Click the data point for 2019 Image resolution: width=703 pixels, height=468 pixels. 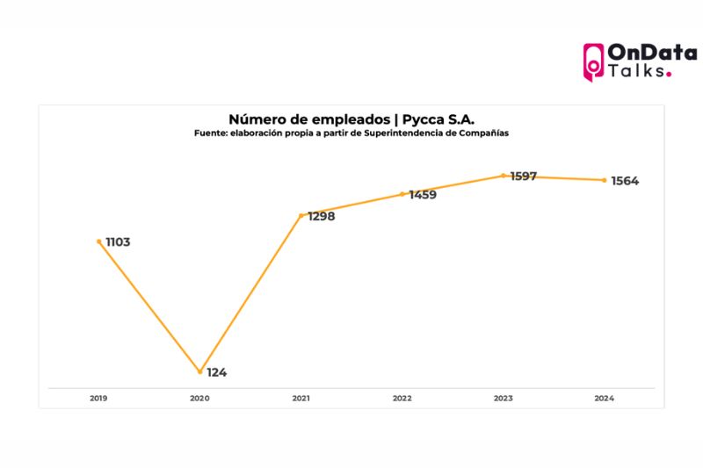tap(98, 241)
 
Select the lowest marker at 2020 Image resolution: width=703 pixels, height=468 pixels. tap(199, 371)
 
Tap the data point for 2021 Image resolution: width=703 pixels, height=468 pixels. tap(301, 215)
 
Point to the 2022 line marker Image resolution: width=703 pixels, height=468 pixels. tap(402, 194)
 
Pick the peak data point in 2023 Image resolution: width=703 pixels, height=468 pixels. tap(504, 176)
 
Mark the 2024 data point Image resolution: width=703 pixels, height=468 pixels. tap(605, 180)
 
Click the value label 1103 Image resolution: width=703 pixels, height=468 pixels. tap(118, 241)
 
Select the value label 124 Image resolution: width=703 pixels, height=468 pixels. tap(217, 372)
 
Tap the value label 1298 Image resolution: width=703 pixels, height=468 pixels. tap(321, 216)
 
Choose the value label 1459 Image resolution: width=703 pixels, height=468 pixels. tap(423, 195)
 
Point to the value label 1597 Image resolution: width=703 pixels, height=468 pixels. tap(524, 176)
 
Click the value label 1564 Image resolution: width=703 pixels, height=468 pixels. tap(625, 181)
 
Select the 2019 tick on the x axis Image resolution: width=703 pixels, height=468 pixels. tap(98, 398)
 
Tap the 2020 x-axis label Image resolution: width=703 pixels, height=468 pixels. tap(199, 398)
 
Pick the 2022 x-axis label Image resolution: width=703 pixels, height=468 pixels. tap(402, 398)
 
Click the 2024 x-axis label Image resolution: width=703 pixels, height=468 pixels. tap(605, 398)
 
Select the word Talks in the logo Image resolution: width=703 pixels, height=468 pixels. tap(637, 71)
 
